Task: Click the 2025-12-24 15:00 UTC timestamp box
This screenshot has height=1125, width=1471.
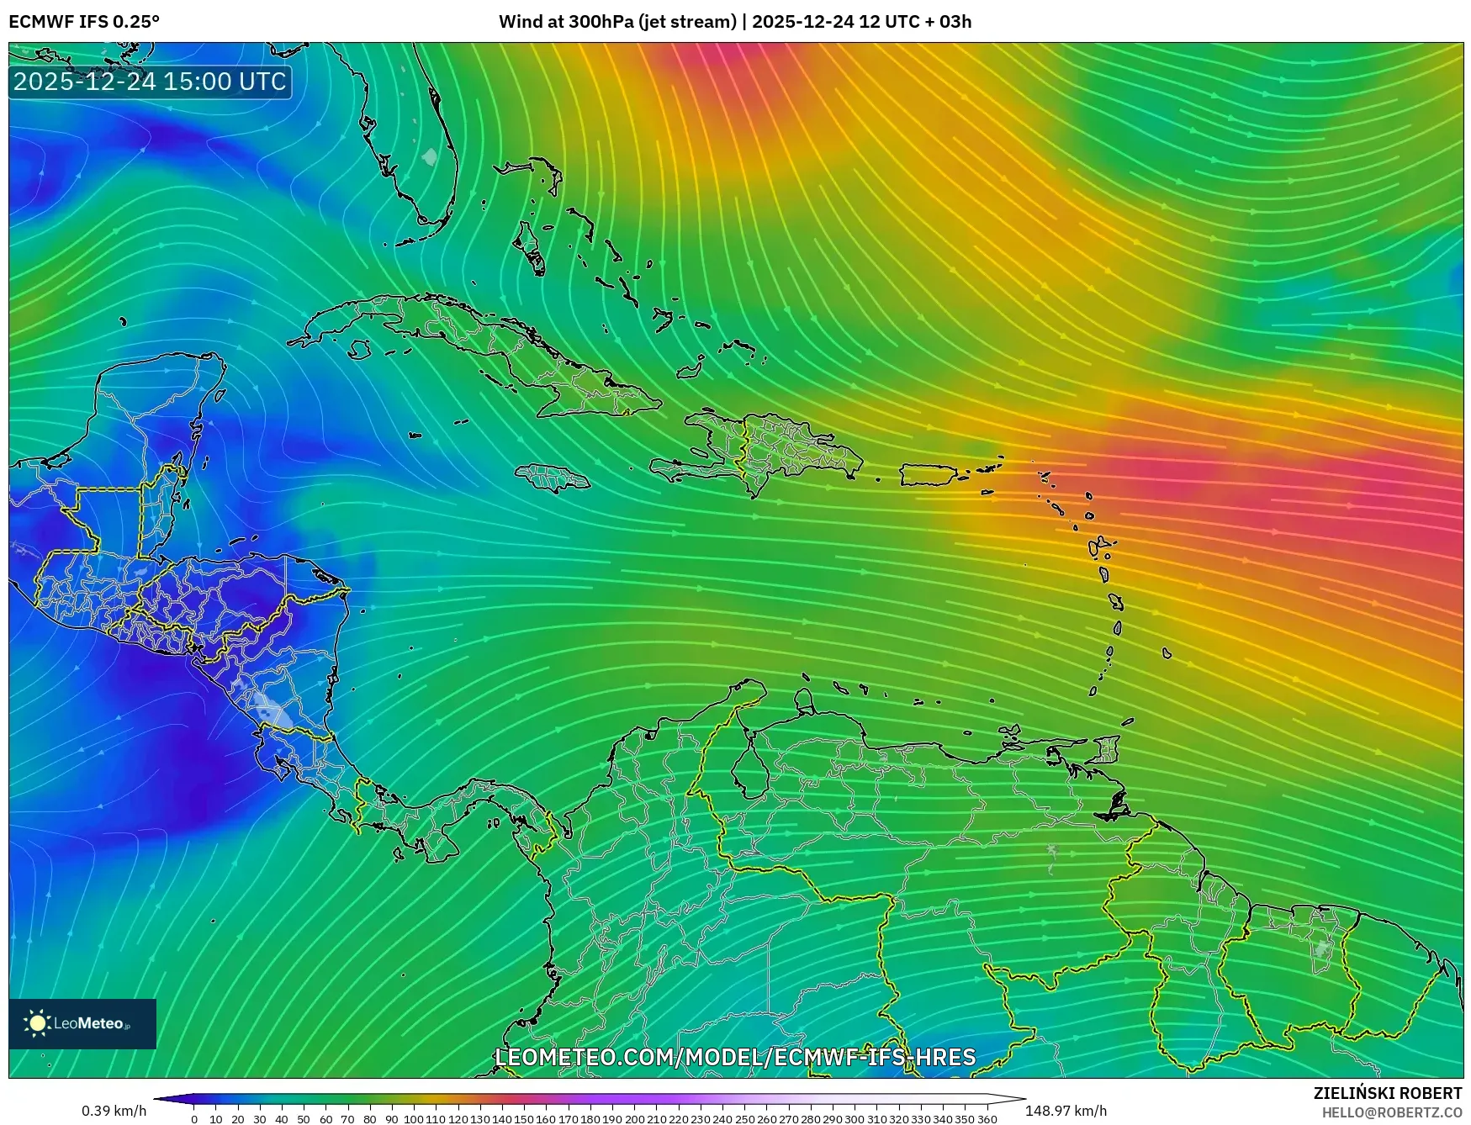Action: (150, 82)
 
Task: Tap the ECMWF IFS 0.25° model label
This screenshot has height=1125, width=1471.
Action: (84, 21)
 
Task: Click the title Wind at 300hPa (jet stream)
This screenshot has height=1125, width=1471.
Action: (617, 21)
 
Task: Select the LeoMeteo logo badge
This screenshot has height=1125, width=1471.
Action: (82, 1023)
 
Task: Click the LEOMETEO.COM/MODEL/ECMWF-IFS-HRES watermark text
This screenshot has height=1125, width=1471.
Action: (735, 1057)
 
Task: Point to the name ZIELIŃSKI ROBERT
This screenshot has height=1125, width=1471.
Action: (1388, 1093)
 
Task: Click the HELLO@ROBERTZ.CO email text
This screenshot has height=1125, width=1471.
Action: (1391, 1112)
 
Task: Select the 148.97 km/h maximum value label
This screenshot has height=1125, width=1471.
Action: (1066, 1111)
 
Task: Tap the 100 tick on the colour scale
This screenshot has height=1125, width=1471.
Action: (414, 1118)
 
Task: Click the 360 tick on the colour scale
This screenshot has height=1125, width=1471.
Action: (987, 1118)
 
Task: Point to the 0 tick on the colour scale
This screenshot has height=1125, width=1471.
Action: (194, 1118)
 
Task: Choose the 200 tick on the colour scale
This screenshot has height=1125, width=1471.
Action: (634, 1118)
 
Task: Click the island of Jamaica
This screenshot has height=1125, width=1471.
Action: (553, 478)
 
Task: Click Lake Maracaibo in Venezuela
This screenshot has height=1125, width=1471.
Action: (748, 768)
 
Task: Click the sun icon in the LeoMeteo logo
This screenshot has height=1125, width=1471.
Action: (37, 1023)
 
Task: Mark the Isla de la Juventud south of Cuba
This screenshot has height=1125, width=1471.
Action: (360, 349)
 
